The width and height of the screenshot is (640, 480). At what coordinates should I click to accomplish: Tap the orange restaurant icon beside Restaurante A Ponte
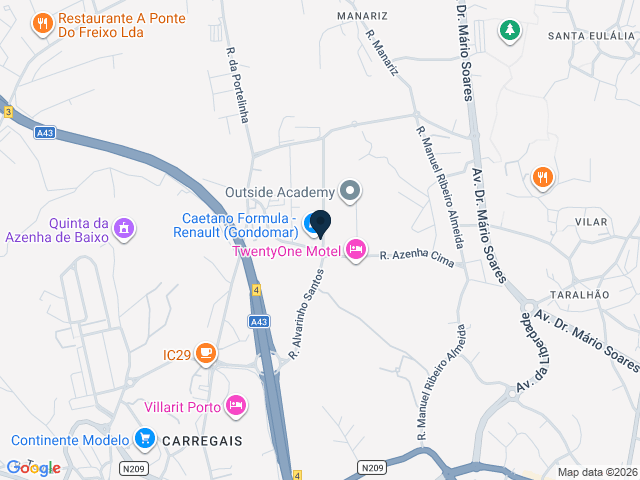42,23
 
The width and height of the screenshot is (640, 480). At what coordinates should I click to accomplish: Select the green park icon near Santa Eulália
510,31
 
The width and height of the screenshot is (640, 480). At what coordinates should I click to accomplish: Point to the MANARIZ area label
362,17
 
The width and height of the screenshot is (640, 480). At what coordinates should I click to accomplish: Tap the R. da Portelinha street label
237,86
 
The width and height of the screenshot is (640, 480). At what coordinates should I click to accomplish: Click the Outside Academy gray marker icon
349,190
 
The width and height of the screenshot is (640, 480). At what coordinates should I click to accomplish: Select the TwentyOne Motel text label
286,251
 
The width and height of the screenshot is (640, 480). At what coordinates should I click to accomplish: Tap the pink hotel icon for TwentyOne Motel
356,249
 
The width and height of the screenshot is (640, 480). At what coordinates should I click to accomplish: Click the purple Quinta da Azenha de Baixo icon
123,228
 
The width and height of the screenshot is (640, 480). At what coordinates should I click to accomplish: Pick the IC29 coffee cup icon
206,353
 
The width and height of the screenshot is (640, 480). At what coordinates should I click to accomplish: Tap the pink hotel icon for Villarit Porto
236,405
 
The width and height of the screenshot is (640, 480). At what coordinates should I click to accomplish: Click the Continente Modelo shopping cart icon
145,439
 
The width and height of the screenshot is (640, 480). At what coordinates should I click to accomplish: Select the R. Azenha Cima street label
417,258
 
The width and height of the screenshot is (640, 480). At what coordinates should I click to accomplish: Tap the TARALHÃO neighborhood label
579,296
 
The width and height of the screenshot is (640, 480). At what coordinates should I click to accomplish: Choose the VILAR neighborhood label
591,220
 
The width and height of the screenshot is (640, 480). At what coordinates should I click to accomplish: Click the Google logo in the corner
33,467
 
